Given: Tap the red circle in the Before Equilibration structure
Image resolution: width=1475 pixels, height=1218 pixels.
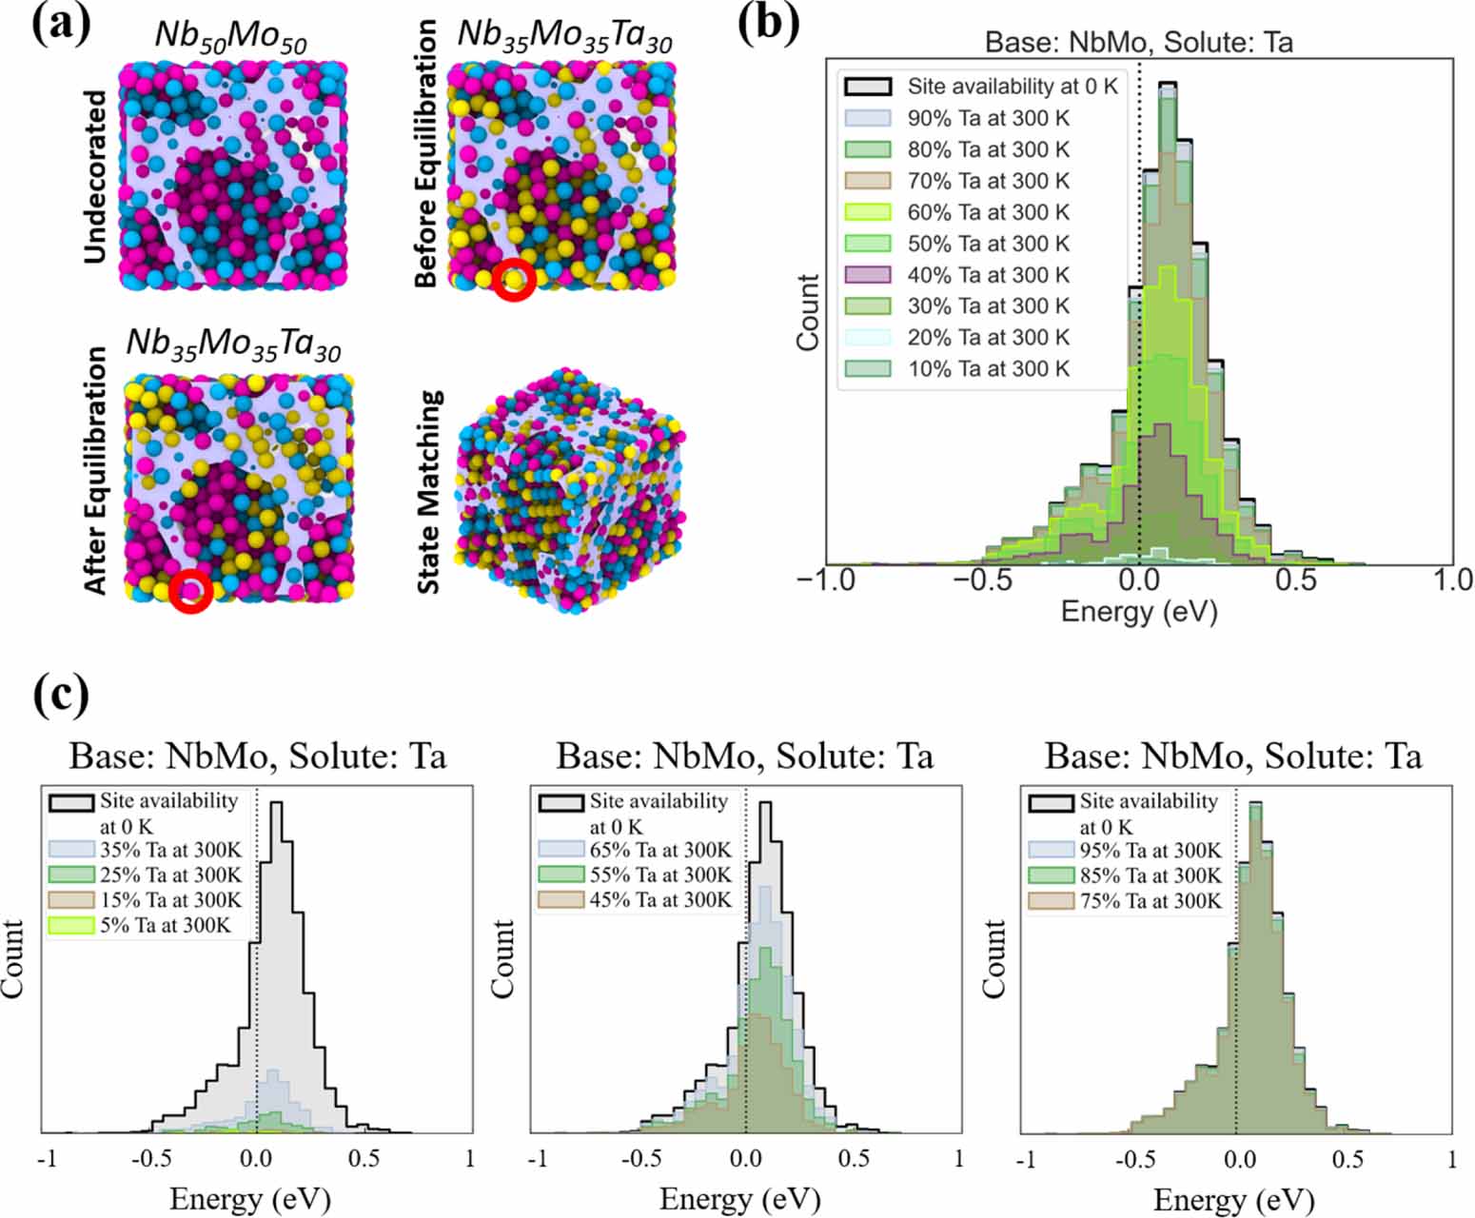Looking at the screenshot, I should [514, 280].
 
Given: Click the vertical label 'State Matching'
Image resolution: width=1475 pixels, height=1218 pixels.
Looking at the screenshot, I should [429, 492].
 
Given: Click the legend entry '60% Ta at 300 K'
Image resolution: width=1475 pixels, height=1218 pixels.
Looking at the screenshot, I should [988, 212].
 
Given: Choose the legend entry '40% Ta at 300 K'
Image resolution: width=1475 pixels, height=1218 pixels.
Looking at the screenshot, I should [988, 275].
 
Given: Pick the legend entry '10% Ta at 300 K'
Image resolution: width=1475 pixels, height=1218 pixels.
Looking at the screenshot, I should [988, 369].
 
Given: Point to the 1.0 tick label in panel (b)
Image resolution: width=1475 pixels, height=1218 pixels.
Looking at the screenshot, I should [1451, 580].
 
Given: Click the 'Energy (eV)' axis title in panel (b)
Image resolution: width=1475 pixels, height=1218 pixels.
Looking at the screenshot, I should [1138, 611].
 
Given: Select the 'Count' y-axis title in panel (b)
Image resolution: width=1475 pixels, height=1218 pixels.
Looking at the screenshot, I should [808, 312].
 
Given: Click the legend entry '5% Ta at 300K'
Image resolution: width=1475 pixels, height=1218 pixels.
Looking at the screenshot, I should [165, 924].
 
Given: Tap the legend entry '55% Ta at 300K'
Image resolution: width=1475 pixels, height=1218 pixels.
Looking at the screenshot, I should [660, 874].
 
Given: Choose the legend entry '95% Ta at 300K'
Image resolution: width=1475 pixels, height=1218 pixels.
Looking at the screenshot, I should [1150, 850].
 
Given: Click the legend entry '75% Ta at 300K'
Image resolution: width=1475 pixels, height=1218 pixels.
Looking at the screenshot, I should [1150, 900].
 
